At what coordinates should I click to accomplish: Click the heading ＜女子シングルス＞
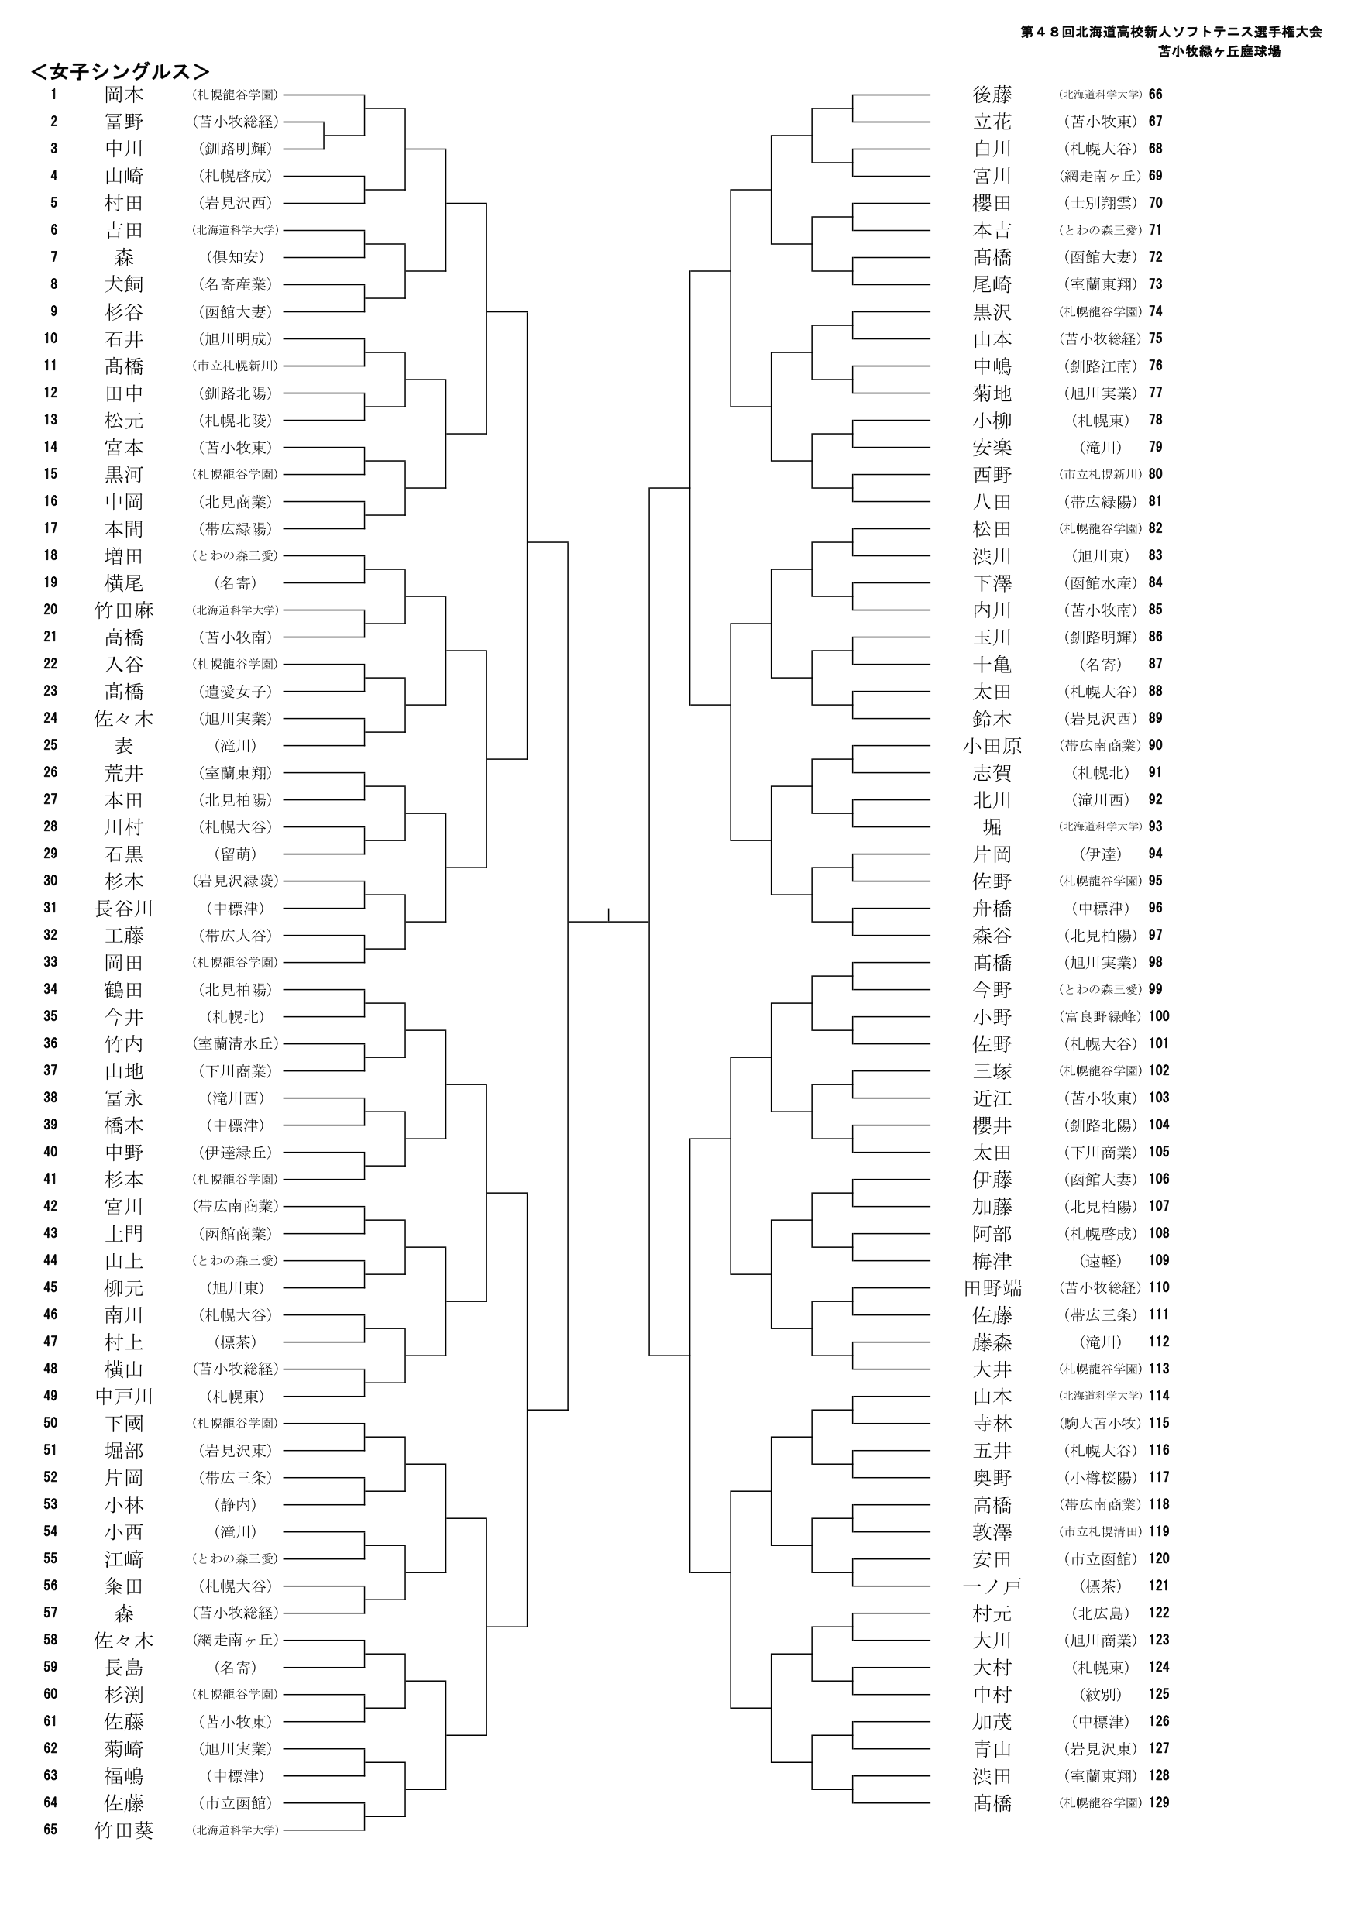click(119, 71)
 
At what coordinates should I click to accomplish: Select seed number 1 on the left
click(53, 95)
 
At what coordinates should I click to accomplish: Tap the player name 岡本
click(124, 95)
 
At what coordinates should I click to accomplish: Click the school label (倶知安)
click(236, 257)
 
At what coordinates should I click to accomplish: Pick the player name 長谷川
click(124, 909)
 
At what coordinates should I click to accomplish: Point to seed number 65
click(51, 1830)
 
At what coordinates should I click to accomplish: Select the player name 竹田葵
click(124, 1830)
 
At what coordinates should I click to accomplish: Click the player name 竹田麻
click(124, 610)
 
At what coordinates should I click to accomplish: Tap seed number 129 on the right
click(1159, 1802)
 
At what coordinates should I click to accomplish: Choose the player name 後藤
click(992, 95)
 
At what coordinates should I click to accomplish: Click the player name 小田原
click(992, 745)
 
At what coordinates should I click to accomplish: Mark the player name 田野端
click(992, 1287)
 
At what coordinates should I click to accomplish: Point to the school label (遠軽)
click(1100, 1261)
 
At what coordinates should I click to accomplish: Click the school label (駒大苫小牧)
click(1100, 1423)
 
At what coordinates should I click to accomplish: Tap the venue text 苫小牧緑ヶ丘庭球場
click(1219, 52)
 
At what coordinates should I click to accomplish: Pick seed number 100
click(1159, 1015)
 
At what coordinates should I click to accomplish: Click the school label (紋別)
click(1100, 1694)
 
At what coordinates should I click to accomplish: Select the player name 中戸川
click(124, 1397)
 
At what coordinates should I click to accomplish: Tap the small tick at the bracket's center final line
click(608, 915)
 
